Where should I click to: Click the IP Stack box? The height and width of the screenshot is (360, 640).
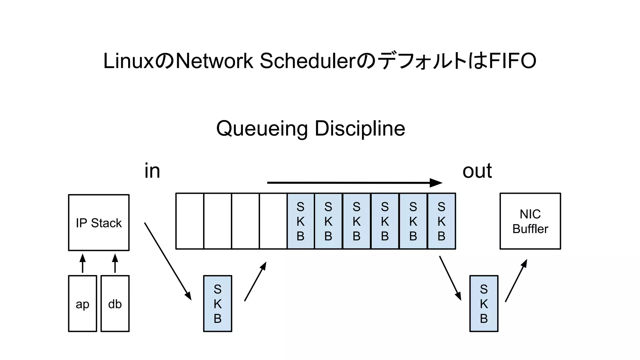(x=99, y=222)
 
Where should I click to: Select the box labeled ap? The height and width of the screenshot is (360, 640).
(x=82, y=303)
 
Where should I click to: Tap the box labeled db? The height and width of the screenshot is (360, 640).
(x=115, y=303)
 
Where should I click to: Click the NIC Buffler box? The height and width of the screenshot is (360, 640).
(x=530, y=221)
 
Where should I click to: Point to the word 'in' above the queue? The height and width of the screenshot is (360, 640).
(x=152, y=171)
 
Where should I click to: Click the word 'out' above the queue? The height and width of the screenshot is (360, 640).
(x=477, y=171)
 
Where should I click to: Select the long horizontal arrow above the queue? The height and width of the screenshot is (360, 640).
(x=354, y=183)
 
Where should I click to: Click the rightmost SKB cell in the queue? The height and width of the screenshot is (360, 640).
(x=441, y=221)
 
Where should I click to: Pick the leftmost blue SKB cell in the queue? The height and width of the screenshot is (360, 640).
(x=300, y=221)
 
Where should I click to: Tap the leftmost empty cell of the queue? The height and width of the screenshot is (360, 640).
(x=190, y=221)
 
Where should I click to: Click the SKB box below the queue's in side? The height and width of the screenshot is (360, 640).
(x=217, y=303)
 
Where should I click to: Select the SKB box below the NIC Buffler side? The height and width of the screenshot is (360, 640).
(x=484, y=303)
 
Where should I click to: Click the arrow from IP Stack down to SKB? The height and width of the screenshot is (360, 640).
(x=168, y=261)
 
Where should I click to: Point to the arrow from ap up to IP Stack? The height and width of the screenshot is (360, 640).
(x=82, y=263)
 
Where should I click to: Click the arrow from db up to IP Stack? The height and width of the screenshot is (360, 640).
(x=115, y=263)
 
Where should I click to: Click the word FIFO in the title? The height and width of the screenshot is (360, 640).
(x=512, y=61)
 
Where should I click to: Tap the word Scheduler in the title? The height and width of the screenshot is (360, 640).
(x=308, y=61)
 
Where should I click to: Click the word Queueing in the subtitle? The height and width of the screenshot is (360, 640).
(x=262, y=128)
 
